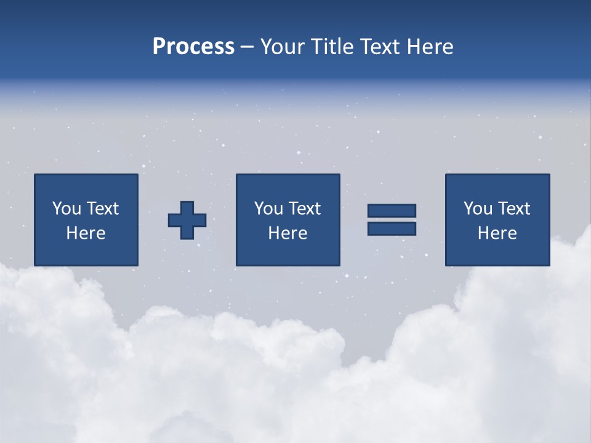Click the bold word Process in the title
click(193, 47)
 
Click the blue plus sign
click(187, 220)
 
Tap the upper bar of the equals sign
click(392, 210)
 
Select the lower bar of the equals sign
click(392, 228)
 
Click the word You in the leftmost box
click(67, 209)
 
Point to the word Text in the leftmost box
click(102, 209)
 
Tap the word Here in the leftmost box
click(86, 233)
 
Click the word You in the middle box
click(269, 209)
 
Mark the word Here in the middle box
click(287, 233)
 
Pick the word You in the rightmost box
click(478, 209)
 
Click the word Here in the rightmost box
click(497, 233)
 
